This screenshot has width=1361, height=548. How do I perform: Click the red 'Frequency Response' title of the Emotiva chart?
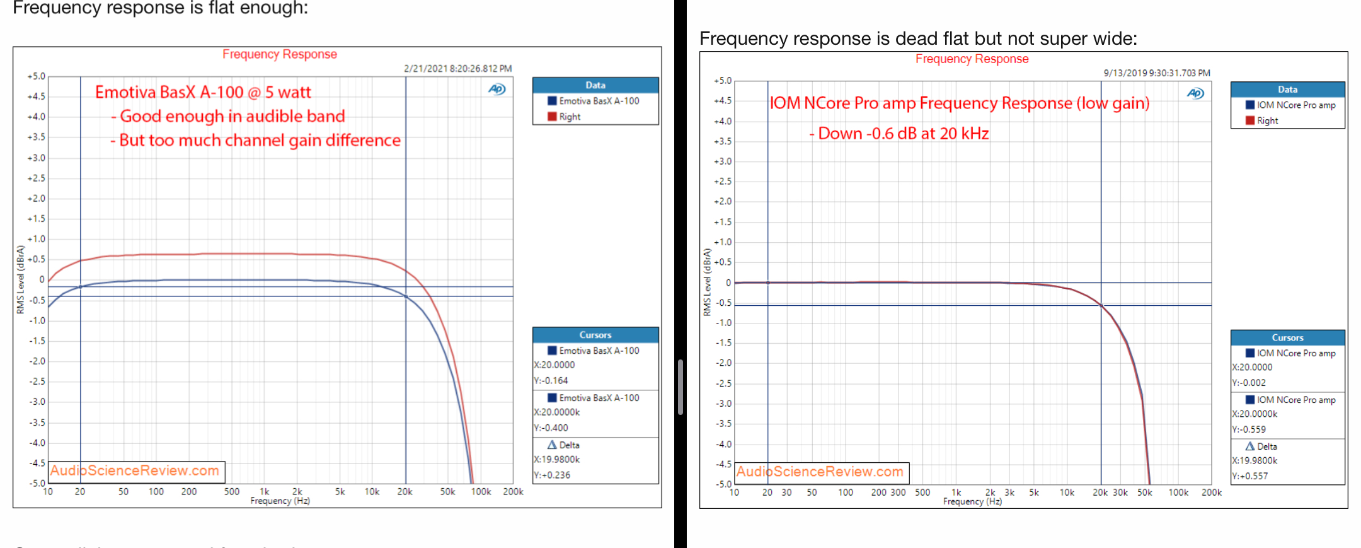pyautogui.click(x=279, y=54)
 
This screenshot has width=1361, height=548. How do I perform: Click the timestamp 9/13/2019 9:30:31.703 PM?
pyautogui.click(x=1156, y=73)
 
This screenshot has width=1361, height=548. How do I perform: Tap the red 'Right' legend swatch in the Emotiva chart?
pyautogui.click(x=552, y=117)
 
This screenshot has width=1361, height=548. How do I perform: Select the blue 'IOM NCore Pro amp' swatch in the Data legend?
pyautogui.click(x=1250, y=105)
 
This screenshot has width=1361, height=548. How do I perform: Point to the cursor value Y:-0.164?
pyautogui.click(x=551, y=380)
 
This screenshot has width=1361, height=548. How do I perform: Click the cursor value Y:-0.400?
pyautogui.click(x=551, y=428)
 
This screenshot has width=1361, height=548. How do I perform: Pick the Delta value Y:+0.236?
pyautogui.click(x=552, y=475)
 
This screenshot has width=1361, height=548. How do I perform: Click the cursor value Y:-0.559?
pyautogui.click(x=1249, y=429)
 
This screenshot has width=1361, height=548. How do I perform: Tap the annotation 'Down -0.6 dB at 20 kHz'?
pyautogui.click(x=899, y=134)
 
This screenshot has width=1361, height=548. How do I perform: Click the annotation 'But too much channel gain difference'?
pyautogui.click(x=256, y=140)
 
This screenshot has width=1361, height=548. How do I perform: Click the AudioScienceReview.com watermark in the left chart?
pyautogui.click(x=135, y=470)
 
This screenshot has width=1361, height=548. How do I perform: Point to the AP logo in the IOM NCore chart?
pyautogui.click(x=1195, y=93)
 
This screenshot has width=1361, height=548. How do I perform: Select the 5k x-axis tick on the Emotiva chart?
pyautogui.click(x=340, y=492)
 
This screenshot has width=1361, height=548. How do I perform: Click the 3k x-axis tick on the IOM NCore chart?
pyautogui.click(x=1009, y=493)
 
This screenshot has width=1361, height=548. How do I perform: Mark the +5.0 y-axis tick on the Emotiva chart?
pyautogui.click(x=37, y=76)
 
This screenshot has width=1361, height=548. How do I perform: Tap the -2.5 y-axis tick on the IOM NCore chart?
pyautogui.click(x=723, y=383)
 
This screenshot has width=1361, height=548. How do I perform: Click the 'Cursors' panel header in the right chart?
pyautogui.click(x=1287, y=337)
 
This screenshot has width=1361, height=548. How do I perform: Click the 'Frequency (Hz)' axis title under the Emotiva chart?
pyautogui.click(x=280, y=501)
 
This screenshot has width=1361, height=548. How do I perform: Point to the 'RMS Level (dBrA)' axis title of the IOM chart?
pyautogui.click(x=707, y=282)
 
